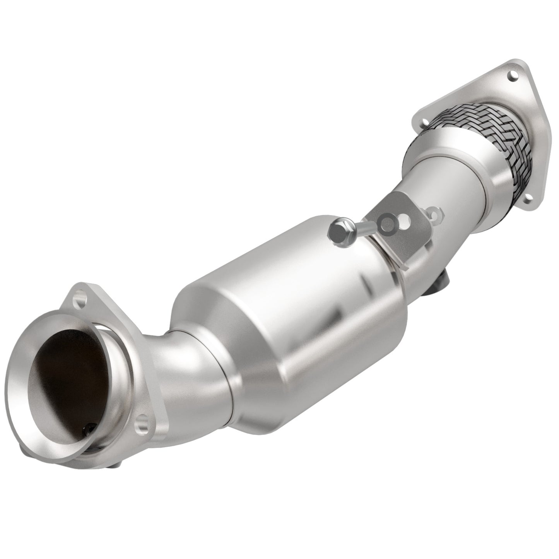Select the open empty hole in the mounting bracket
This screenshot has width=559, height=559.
(406, 221)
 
